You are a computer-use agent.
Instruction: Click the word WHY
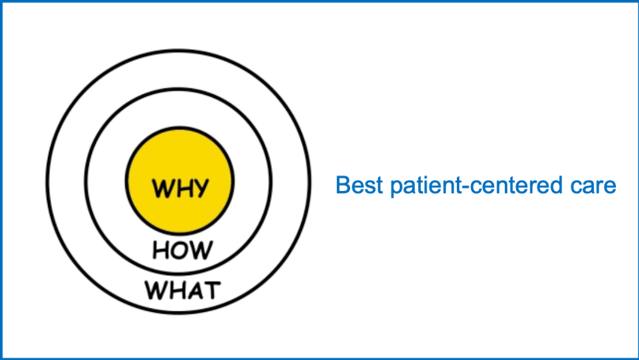(180, 187)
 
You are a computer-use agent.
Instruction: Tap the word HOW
(182, 251)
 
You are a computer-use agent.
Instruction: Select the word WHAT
(182, 290)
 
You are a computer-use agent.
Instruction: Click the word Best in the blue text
(358, 185)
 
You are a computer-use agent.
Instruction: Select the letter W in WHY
(162, 187)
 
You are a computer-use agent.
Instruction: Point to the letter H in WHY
(182, 187)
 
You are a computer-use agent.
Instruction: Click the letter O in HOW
(182, 251)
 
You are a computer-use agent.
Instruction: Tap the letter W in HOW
(201, 251)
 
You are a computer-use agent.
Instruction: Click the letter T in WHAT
(211, 290)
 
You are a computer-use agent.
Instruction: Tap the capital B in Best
(343, 185)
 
